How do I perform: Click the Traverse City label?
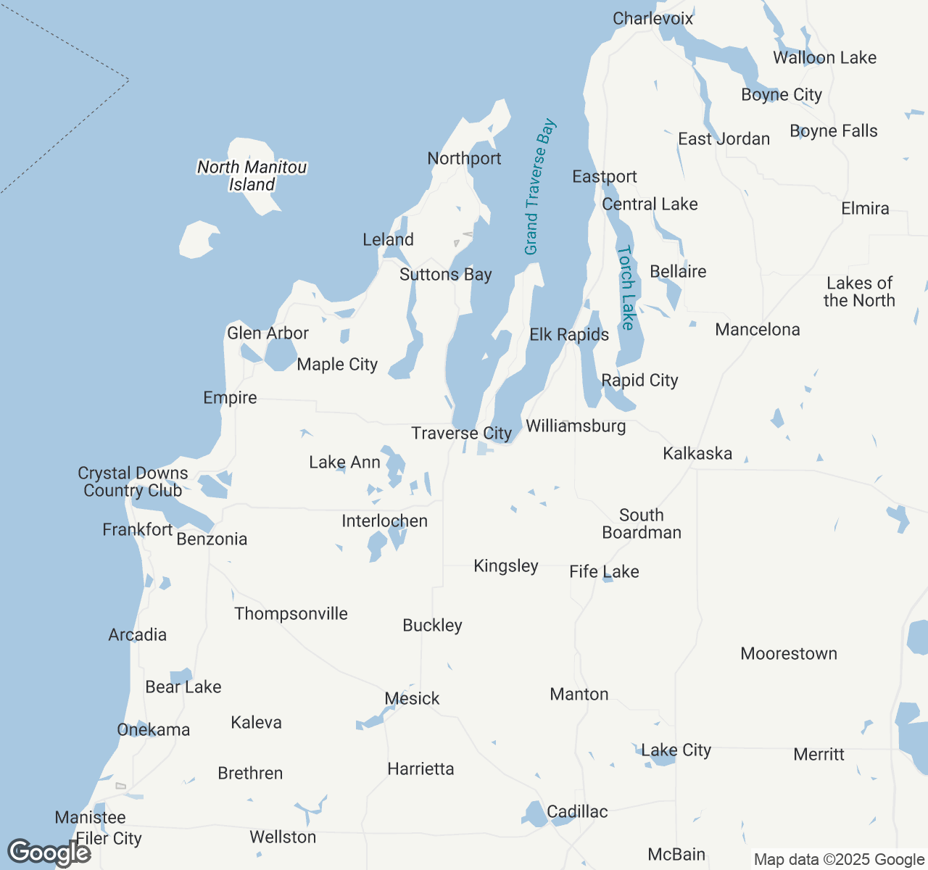coord(461,434)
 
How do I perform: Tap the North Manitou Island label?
coord(252,175)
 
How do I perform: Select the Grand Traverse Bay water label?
coord(540,187)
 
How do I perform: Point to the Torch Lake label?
coord(626,288)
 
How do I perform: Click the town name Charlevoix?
coord(652,19)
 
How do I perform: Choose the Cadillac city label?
coord(577,811)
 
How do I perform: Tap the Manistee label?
coord(90,818)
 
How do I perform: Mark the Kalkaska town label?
coord(697,454)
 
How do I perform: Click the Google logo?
coord(49,853)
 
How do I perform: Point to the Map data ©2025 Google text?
coord(839,860)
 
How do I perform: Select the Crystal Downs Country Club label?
coord(133,482)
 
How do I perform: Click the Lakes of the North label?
coord(859,291)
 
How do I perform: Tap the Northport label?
coord(464,159)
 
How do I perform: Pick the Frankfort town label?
coord(137,529)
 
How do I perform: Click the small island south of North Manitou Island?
coord(197,240)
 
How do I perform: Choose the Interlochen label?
coord(384,521)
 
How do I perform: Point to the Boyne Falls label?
coord(834,131)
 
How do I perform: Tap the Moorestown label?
coord(789,654)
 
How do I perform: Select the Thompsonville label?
coord(291,614)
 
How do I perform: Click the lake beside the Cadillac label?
coord(536,814)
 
